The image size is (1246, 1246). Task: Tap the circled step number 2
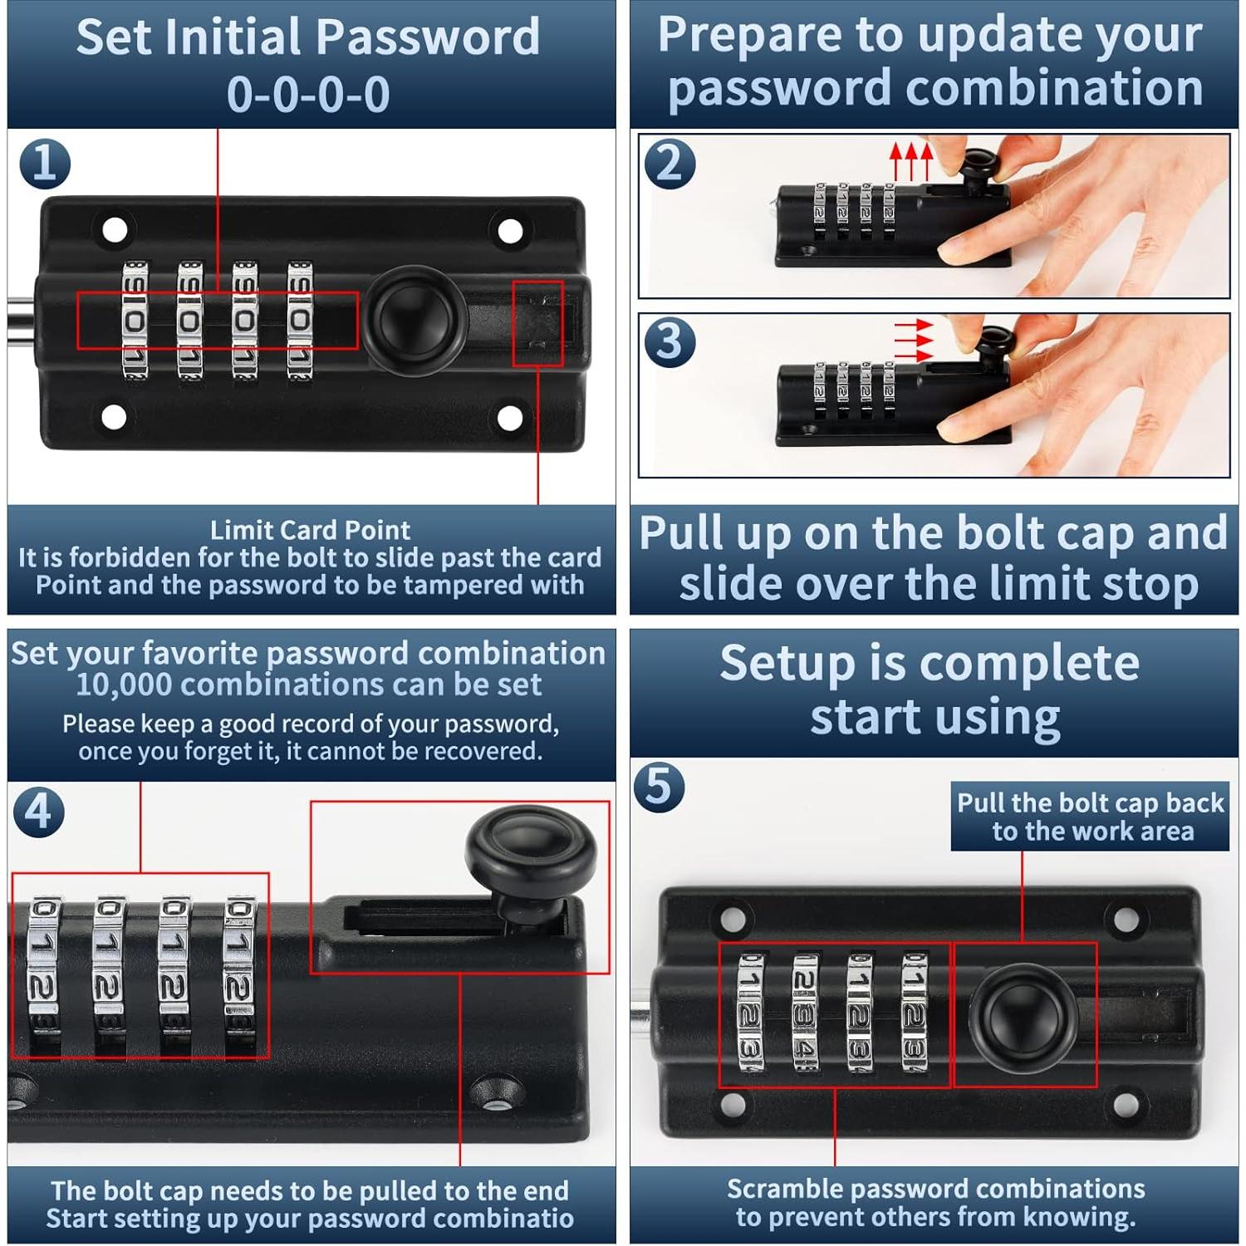coord(670,163)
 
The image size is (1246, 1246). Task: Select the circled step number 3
coord(670,341)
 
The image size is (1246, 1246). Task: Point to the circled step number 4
coord(39,811)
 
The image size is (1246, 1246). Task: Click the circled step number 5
coord(659,786)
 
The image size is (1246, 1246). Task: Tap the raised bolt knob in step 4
coord(532,860)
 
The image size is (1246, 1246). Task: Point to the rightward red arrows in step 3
coord(914,341)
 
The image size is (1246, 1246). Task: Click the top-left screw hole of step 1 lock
coord(115,230)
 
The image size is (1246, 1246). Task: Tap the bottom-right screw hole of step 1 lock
coord(509,418)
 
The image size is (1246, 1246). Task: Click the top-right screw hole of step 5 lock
coord(1126,919)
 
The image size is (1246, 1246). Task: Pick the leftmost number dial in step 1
coord(135,320)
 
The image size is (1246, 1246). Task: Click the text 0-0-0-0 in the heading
coord(308,94)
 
